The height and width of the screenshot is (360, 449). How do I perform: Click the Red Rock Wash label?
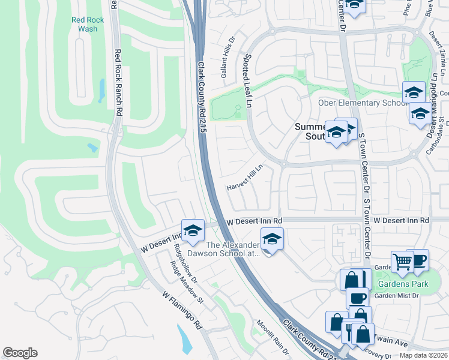point(88,24)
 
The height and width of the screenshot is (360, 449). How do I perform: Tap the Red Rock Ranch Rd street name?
point(118,83)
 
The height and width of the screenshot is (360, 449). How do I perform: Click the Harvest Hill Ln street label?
point(245,178)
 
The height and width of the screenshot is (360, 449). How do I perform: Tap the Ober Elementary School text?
point(362,103)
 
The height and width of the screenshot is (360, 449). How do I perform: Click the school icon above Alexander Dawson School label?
point(272,238)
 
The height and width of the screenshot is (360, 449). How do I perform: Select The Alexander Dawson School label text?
point(233,249)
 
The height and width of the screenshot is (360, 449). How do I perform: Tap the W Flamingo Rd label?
point(182,310)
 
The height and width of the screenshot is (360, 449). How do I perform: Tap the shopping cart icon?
point(402,261)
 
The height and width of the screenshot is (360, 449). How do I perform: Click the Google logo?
point(20,352)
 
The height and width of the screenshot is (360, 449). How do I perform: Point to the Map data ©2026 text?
point(423,355)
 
